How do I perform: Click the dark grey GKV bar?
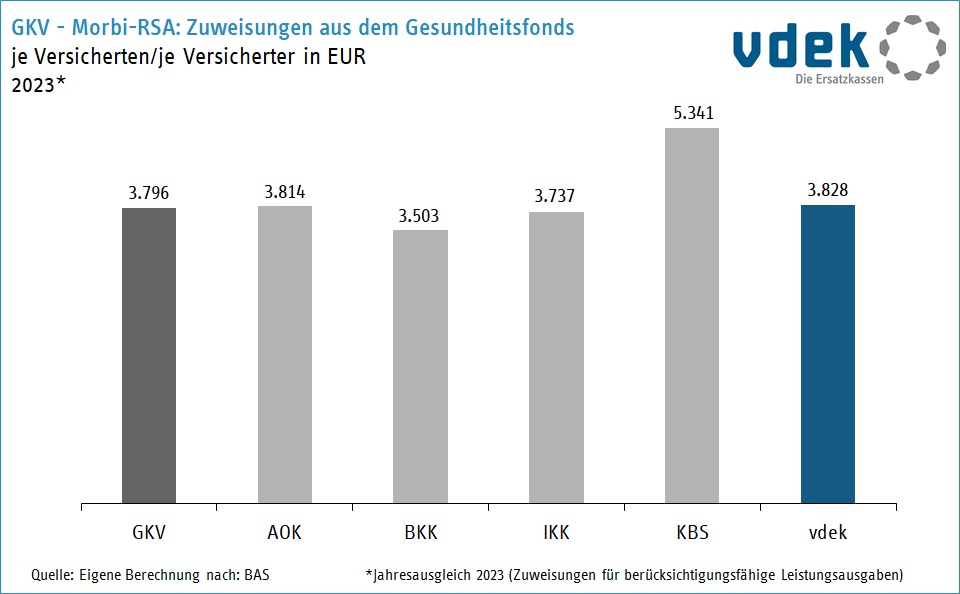point(149,355)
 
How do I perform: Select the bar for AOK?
point(285,354)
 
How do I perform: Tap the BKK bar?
point(420,366)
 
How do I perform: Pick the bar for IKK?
point(556,357)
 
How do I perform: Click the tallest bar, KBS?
point(692,315)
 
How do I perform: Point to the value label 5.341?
point(692,113)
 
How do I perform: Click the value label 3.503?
point(420,216)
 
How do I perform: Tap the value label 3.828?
point(828,190)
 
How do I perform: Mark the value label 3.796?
point(149,193)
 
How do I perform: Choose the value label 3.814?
point(285,192)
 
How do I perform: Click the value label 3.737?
point(556,197)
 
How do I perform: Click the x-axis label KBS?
point(692,532)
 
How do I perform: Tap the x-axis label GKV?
point(149,532)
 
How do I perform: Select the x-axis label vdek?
point(828,532)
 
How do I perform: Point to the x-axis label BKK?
point(420,532)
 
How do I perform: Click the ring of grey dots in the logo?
point(911,47)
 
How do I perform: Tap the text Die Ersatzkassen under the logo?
point(839,80)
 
